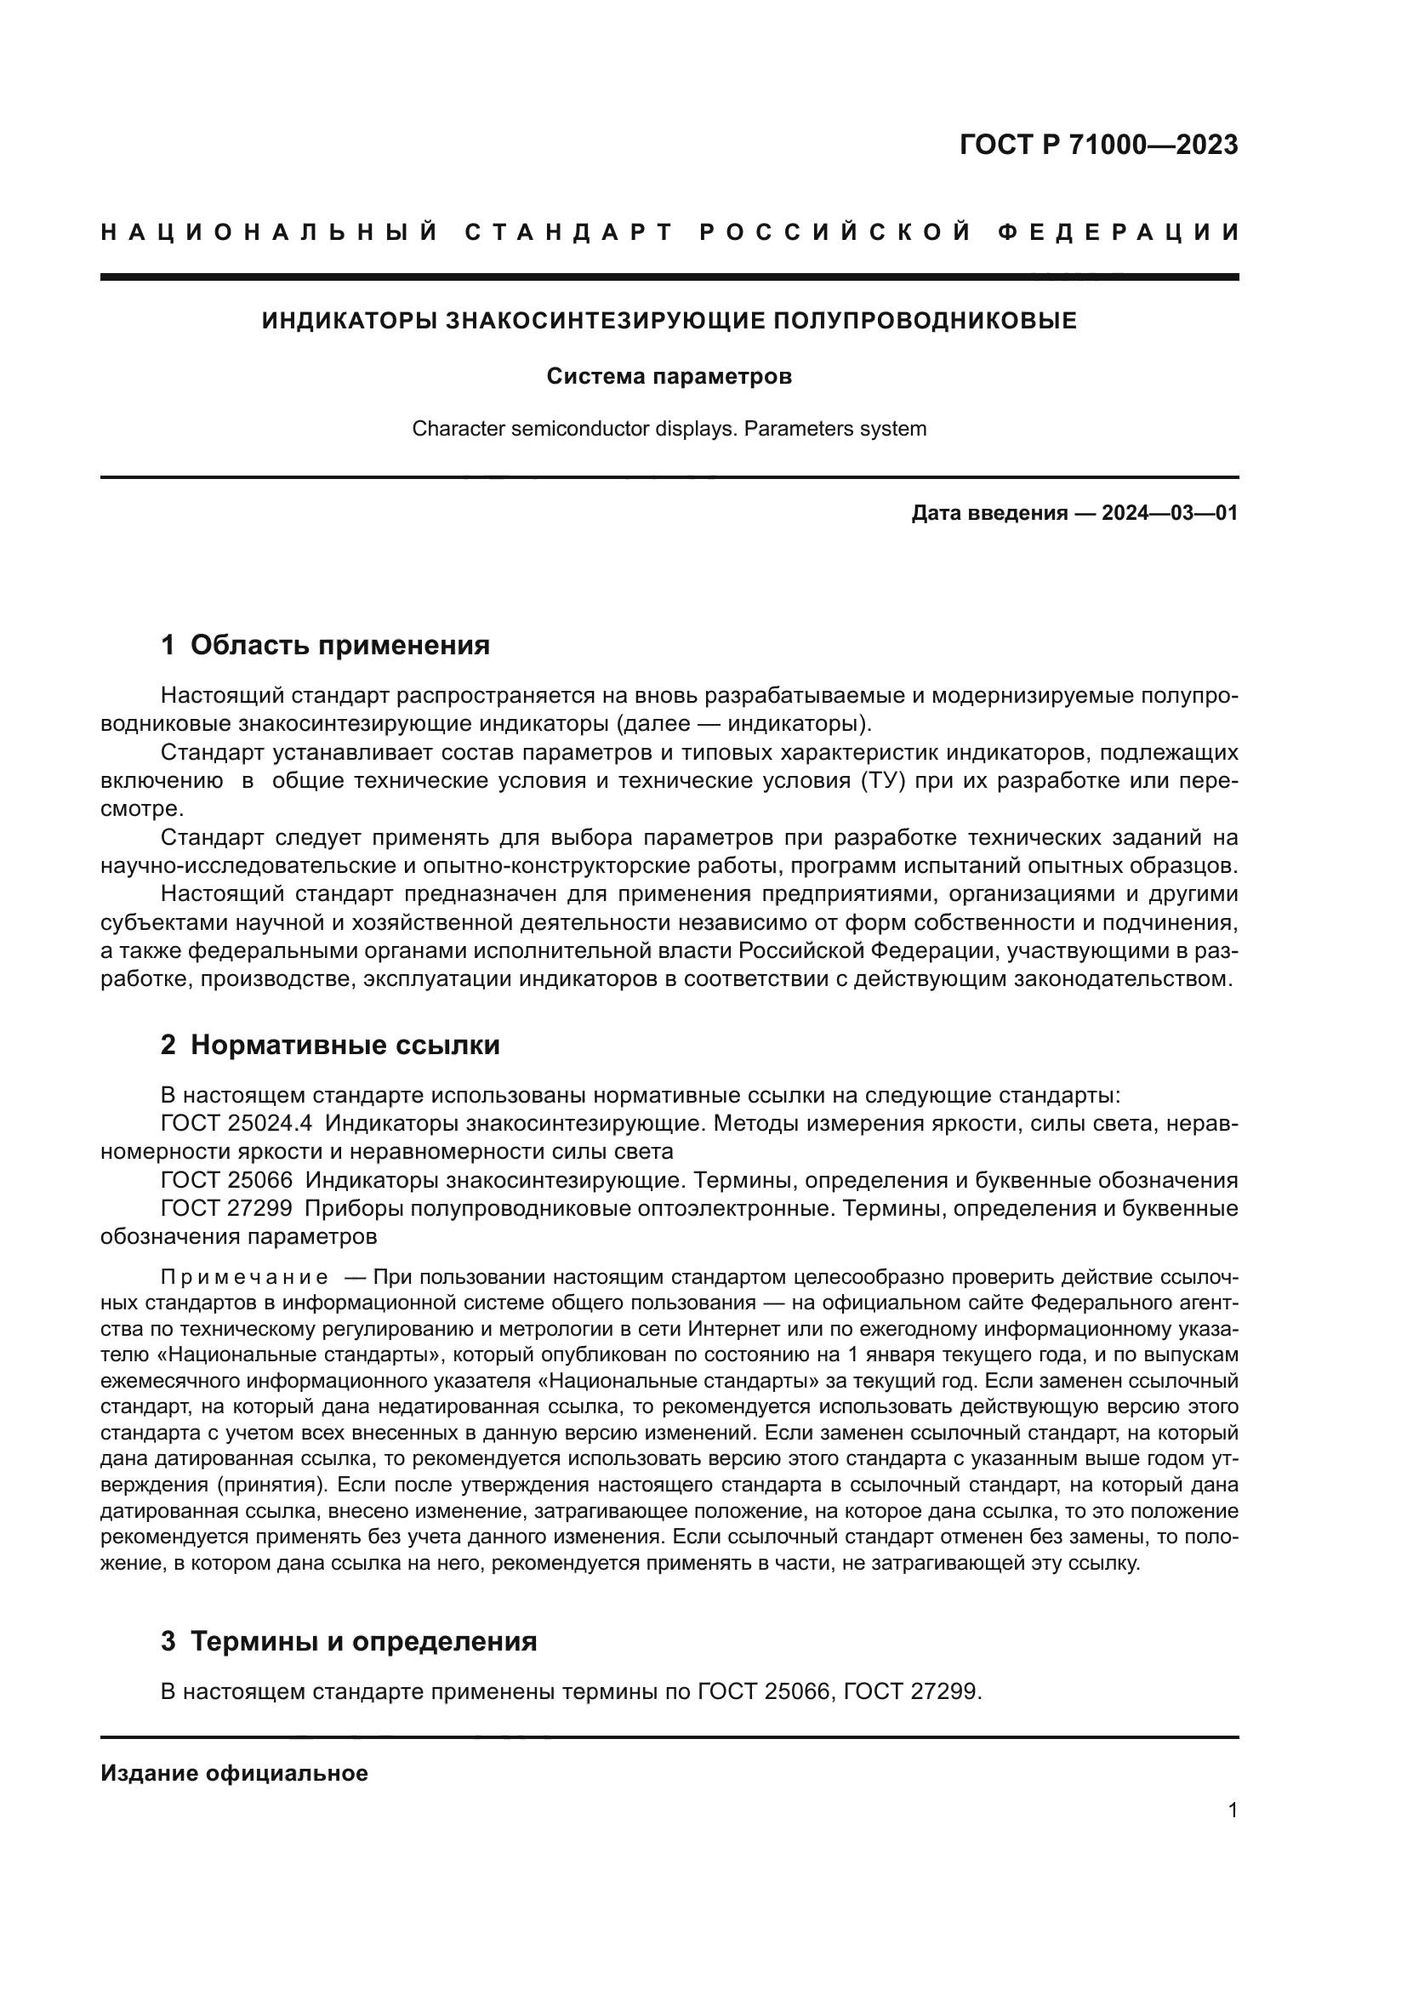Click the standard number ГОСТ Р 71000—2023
[x=1098, y=145]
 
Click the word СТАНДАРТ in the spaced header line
[x=569, y=232]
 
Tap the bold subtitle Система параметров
[x=669, y=377]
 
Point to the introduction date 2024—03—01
[x=1169, y=513]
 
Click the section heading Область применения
[x=339, y=645]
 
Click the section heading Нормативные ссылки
[x=345, y=1046]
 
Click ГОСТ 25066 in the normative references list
[x=226, y=1181]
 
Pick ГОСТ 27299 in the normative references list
[x=226, y=1208]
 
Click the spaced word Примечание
[x=244, y=1278]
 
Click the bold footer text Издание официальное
[x=234, y=1773]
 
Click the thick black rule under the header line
[x=669, y=277]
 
